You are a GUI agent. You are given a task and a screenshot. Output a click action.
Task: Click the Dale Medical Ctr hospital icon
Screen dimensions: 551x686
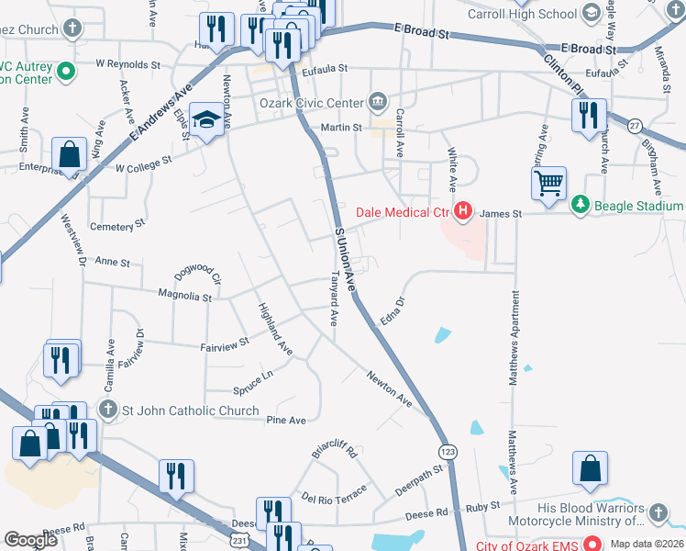pyautogui.click(x=463, y=212)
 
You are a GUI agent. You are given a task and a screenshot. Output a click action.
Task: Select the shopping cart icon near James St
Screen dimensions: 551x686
pyautogui.click(x=548, y=183)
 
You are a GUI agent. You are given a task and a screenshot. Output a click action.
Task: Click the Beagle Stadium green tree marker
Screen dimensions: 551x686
pyautogui.click(x=579, y=204)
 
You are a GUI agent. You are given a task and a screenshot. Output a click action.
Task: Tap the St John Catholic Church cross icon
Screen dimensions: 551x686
pyautogui.click(x=107, y=410)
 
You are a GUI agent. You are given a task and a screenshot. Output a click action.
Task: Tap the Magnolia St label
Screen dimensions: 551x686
pyautogui.click(x=185, y=298)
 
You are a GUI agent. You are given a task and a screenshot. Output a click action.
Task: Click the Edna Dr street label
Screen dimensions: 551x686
pyautogui.click(x=392, y=310)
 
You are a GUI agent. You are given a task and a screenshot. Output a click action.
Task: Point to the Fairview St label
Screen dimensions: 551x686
pyautogui.click(x=225, y=344)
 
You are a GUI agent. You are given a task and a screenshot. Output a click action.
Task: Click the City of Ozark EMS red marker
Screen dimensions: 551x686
pyautogui.click(x=592, y=545)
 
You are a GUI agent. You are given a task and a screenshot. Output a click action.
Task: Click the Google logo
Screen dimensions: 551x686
pyautogui.click(x=30, y=541)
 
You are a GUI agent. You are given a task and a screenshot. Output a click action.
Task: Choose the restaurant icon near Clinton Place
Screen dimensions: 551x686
pyautogui.click(x=588, y=115)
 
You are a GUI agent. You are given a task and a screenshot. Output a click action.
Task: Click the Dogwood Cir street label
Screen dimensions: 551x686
pyautogui.click(x=198, y=275)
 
